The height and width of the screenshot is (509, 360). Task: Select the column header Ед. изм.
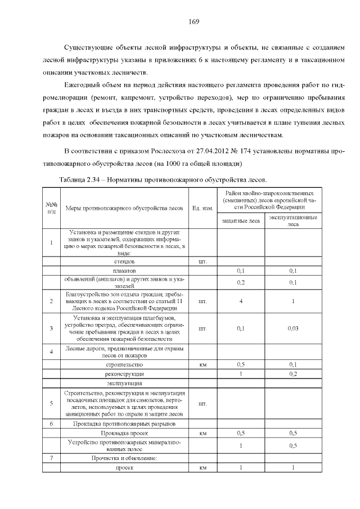[202, 209]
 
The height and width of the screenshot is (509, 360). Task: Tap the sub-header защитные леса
[240, 220]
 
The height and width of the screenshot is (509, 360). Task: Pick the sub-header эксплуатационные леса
[292, 220]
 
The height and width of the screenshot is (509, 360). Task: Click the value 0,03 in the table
[292, 328]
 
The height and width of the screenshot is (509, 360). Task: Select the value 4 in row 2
[240, 301]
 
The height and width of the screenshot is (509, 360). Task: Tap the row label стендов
[124, 262]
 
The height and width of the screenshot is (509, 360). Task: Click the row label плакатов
[124, 271]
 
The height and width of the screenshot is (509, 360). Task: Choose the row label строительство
[124, 364]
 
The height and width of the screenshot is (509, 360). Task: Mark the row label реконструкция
[124, 373]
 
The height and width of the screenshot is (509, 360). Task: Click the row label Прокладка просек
[124, 433]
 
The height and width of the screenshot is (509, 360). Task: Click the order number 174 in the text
[245, 152]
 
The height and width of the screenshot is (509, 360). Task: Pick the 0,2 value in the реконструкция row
[292, 373]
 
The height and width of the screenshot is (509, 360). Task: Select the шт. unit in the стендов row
[202, 262]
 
